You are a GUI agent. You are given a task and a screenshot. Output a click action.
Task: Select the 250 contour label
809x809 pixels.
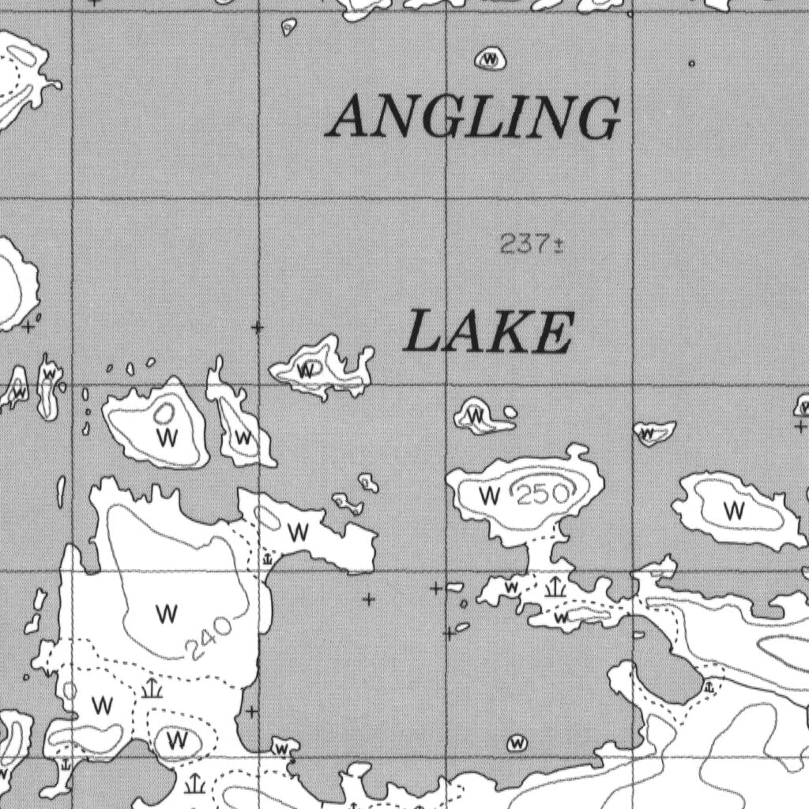click(x=543, y=495)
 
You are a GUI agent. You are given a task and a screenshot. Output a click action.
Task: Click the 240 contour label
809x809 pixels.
click(x=209, y=638)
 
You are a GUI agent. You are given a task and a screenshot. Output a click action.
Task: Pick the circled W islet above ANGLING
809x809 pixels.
click(x=491, y=59)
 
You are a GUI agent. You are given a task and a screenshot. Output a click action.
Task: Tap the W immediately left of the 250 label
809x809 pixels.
click(x=491, y=496)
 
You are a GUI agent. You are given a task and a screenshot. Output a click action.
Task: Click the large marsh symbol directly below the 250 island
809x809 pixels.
click(x=555, y=585)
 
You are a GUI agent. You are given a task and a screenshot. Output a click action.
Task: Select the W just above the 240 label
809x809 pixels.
click(x=167, y=613)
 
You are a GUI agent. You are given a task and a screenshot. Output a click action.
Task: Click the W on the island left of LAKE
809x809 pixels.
click(x=308, y=370)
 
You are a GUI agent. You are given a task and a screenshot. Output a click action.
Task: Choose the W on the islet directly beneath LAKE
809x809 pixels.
click(x=476, y=415)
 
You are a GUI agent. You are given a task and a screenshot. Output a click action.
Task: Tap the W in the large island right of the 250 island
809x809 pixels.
click(x=735, y=510)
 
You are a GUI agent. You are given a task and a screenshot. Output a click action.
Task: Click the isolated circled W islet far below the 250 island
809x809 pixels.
click(x=517, y=743)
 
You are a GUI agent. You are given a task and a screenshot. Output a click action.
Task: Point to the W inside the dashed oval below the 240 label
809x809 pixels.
click(x=179, y=740)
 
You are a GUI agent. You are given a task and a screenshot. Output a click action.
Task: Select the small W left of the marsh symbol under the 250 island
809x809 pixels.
click(x=512, y=587)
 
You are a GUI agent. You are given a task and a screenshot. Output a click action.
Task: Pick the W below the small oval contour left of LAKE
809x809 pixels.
click(x=166, y=437)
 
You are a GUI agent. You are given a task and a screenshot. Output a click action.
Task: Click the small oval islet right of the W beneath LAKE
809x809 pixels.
click(x=510, y=412)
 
